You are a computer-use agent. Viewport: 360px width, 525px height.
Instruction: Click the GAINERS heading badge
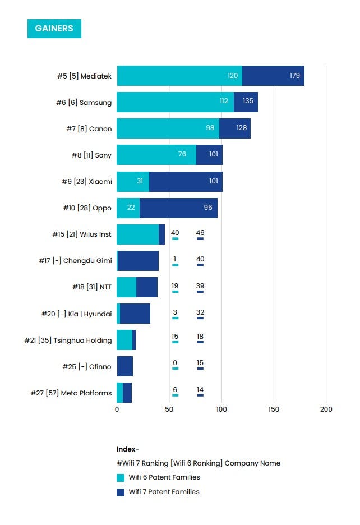click(x=54, y=28)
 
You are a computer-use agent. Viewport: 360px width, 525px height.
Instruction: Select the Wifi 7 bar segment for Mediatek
click(x=273, y=76)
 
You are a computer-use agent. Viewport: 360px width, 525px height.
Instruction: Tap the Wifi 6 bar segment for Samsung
click(x=175, y=102)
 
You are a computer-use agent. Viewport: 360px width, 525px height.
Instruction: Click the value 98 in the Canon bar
click(x=211, y=128)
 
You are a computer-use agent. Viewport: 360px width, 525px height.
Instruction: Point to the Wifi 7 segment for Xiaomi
click(x=186, y=182)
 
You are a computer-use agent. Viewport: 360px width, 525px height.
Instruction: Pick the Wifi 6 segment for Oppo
click(x=128, y=208)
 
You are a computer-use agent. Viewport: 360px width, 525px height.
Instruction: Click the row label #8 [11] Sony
click(x=91, y=155)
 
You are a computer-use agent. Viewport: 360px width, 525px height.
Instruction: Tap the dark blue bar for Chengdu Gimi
click(x=138, y=261)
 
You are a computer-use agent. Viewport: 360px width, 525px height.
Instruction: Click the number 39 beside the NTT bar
click(x=200, y=286)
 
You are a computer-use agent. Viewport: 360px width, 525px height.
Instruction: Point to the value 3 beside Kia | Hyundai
click(x=175, y=312)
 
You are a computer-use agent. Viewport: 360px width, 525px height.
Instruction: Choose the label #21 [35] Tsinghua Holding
click(x=68, y=340)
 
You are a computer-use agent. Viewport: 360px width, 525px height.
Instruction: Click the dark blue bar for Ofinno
click(x=124, y=366)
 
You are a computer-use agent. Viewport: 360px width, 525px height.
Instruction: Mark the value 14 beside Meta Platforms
click(x=200, y=390)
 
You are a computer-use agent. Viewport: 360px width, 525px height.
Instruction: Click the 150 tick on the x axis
click(x=273, y=409)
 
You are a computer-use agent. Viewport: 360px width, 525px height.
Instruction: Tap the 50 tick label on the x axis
click(x=169, y=409)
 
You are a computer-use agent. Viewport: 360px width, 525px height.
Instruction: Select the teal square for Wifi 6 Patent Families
click(x=121, y=478)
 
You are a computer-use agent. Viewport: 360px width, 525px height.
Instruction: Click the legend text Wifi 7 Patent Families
click(x=164, y=492)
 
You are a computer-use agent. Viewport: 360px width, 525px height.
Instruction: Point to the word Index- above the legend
click(x=128, y=449)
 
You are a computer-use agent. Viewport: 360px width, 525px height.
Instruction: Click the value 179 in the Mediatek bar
click(x=295, y=76)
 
